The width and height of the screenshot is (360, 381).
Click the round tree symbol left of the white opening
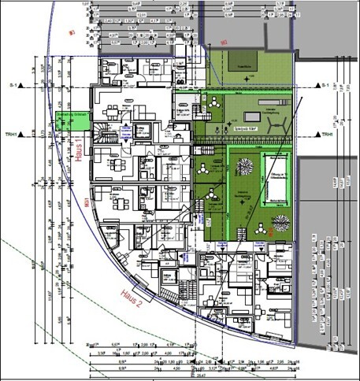click(x=245, y=168)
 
